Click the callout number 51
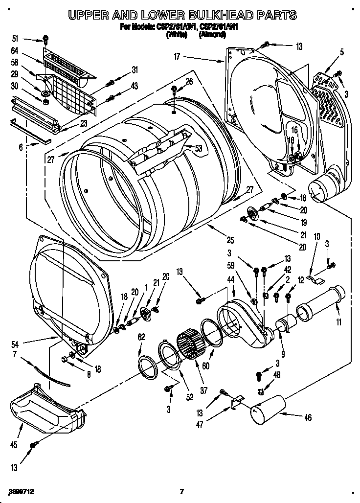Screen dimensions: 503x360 [x=15, y=38]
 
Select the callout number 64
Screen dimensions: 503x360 [x=15, y=50]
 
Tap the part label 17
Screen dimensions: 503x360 [x=177, y=57]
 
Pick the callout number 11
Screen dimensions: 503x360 [x=339, y=322]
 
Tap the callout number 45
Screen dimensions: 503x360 [x=15, y=445]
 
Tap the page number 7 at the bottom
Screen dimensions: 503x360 [x=180, y=491]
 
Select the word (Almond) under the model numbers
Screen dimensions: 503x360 [x=212, y=35]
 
